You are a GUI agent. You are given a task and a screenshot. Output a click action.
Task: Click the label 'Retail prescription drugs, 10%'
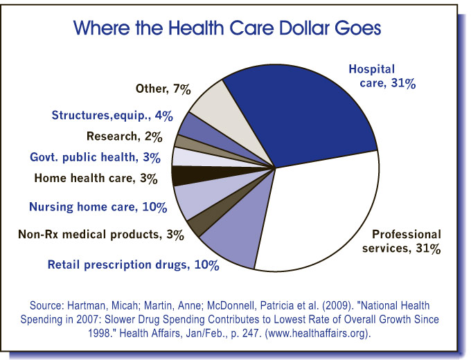pos(133,264)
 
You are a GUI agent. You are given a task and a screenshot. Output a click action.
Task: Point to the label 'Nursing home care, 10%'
pos(98,206)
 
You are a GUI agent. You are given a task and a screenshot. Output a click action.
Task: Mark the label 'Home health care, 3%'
pos(93,178)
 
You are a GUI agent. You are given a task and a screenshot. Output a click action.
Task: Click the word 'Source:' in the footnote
pos(48,304)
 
